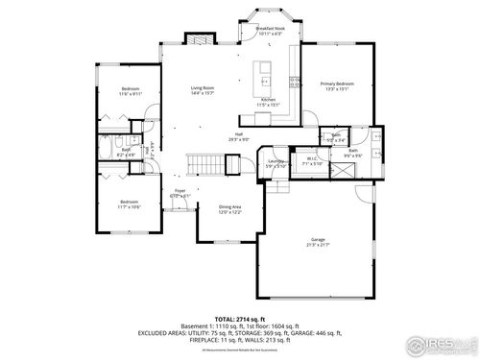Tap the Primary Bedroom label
click(x=337, y=84)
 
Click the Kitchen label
click(x=269, y=99)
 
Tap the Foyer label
click(x=180, y=191)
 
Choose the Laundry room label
click(x=276, y=161)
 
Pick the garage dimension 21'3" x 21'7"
click(x=317, y=246)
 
